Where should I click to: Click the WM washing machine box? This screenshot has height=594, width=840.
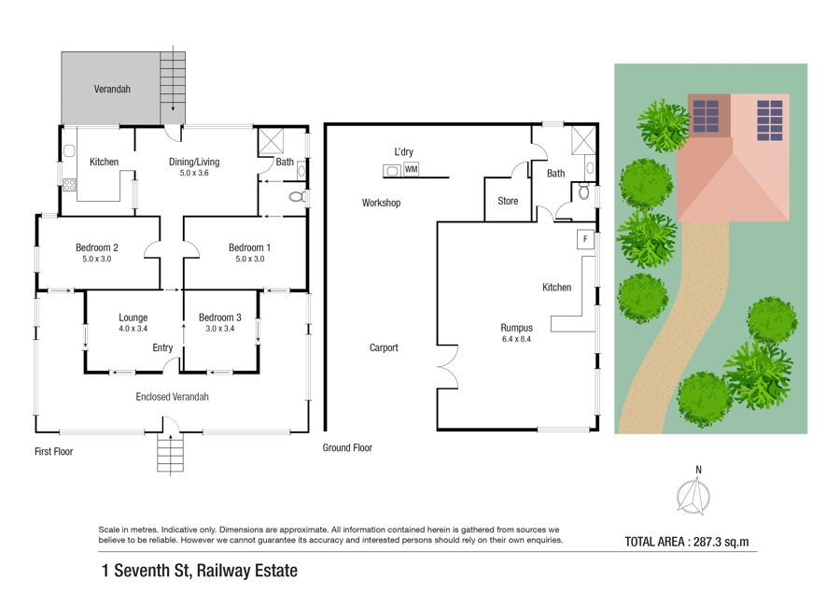coord(411,169)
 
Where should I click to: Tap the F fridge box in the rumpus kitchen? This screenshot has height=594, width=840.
coord(585,239)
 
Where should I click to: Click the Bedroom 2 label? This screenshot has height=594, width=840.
coord(97,247)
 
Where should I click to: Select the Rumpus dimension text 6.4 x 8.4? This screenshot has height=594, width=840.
coord(516,339)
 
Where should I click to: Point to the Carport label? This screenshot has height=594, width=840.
coord(384,347)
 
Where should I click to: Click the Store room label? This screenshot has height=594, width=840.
coord(508,201)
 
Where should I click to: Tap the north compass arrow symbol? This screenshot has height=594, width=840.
coord(693,497)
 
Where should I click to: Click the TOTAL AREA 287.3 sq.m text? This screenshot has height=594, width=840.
coord(687,542)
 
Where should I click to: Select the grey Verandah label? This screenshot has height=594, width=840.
coord(112,89)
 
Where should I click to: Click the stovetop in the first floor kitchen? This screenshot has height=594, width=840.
coord(69,185)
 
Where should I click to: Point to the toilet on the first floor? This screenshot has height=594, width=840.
coord(296,197)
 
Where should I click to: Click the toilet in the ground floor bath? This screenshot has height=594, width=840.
coord(584,191)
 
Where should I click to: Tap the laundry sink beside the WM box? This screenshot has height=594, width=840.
coord(392,171)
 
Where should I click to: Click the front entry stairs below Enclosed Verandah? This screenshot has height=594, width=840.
coord(171,453)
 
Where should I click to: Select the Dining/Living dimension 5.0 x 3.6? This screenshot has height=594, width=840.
coord(194,173)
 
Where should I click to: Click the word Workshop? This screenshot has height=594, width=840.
coord(381,203)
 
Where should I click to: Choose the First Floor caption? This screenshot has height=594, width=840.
coord(53,451)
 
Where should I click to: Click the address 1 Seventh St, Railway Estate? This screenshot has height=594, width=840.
coord(200,571)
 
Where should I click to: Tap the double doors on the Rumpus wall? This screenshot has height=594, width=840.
coord(448,367)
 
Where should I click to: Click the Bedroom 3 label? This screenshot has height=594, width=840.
coord(219,318)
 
